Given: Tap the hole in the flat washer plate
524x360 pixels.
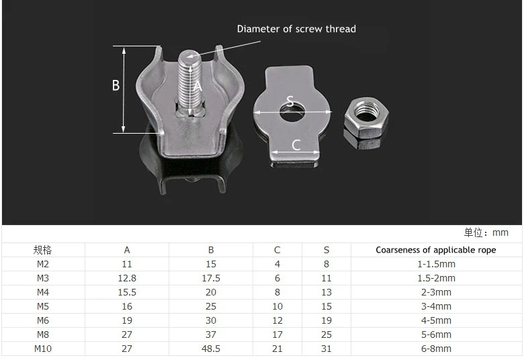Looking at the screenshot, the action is click(x=292, y=112).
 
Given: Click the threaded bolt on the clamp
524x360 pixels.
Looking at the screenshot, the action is click(x=189, y=83).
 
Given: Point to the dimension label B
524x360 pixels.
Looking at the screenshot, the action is click(x=116, y=85).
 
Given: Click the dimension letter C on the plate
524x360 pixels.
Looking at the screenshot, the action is click(x=296, y=145).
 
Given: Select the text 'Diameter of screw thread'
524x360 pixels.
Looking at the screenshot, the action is click(x=296, y=29).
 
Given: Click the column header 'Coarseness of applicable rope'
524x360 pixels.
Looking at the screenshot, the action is click(x=436, y=250).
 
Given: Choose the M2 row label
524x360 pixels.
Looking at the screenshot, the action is click(x=43, y=264).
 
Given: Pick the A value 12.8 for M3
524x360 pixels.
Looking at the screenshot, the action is click(x=127, y=278).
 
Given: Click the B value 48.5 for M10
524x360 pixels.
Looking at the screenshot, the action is click(x=211, y=349).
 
